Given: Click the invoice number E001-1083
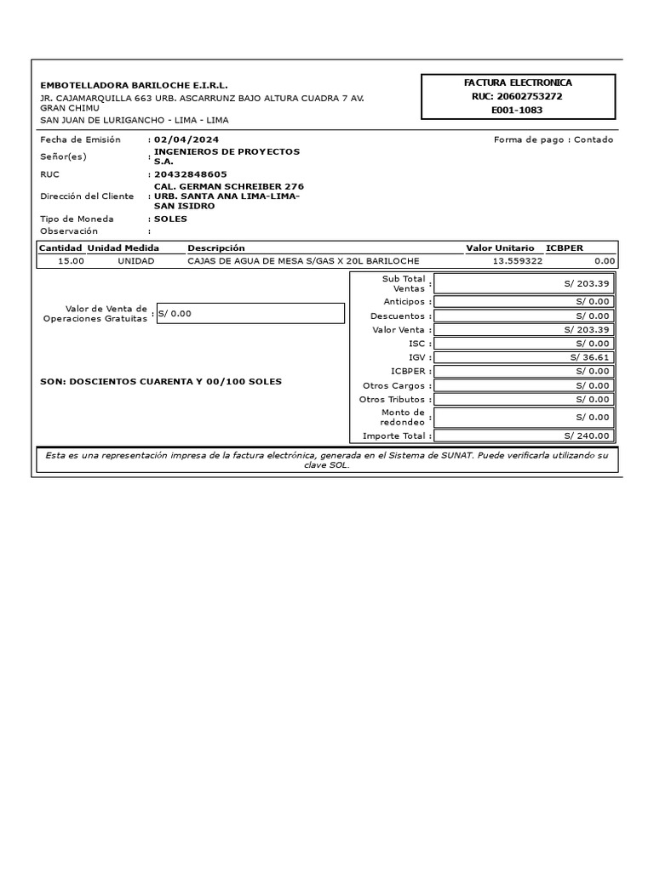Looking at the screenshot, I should pos(518,110).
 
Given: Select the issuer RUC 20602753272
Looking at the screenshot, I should pos(518,96).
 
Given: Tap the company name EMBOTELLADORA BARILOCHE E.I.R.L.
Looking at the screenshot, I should pos(135,86).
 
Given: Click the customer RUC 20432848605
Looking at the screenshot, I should pos(190,174).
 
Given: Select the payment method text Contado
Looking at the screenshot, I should pos(594,139).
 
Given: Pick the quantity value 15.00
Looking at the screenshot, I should pos(71,261).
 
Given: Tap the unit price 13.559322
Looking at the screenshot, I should pos(517,261).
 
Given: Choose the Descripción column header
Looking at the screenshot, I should pos(215,248).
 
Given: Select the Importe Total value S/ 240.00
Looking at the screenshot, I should pos(587,435).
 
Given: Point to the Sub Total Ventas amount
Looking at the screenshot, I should pos(587,283).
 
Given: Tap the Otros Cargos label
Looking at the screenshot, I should pos(393,385).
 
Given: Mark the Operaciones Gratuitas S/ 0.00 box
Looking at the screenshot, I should pos(250,313).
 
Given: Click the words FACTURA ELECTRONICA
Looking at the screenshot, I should pos(518,83).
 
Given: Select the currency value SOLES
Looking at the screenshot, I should pos(170,219).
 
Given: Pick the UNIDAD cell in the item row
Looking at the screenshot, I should pos(135,261).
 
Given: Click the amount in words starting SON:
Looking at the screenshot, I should pos(161,381).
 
